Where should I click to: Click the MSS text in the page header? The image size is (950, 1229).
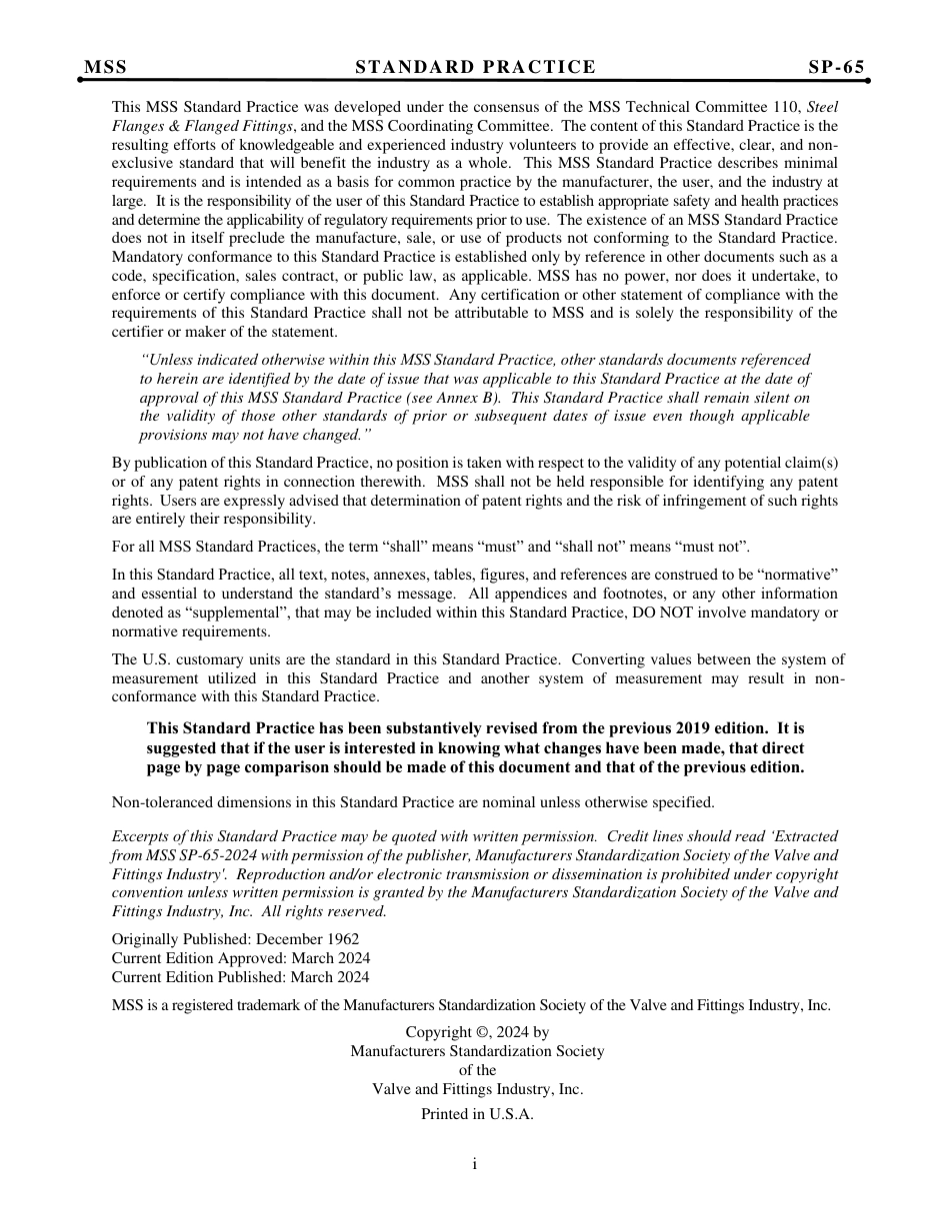[x=106, y=68]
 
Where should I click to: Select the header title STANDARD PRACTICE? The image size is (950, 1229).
[x=475, y=68]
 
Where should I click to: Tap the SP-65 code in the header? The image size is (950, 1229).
[x=836, y=68]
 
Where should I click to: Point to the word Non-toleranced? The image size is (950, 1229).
[x=159, y=802]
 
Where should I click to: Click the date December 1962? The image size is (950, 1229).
[x=307, y=939]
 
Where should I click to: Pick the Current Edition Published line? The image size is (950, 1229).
[x=240, y=977]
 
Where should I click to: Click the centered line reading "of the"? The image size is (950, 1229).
[x=477, y=1070]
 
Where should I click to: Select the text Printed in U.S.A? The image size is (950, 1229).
[x=477, y=1114]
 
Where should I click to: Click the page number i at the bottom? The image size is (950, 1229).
[x=475, y=1164]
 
